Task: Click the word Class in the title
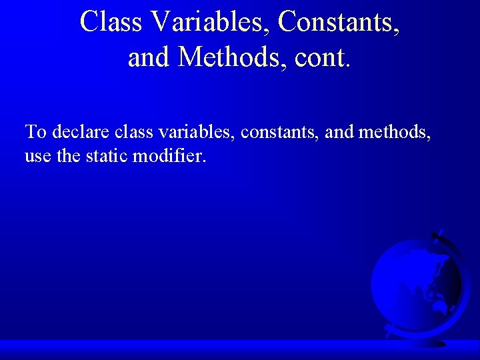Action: tap(111, 22)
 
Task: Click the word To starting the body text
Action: tap(35, 131)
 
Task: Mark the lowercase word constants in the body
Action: tap(279, 132)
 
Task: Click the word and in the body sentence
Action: tap(339, 131)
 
